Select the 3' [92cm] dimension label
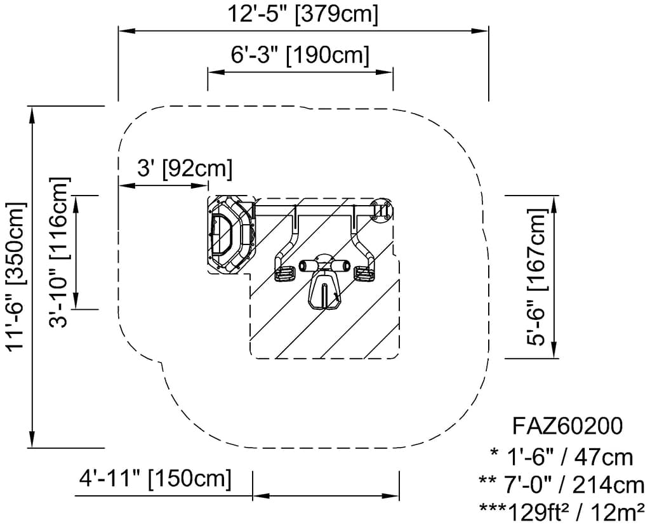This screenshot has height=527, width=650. tap(185, 169)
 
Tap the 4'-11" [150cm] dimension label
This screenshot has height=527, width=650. tap(156, 479)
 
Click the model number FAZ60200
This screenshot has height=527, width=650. tap(567, 426)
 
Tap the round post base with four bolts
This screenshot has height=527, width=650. tap(381, 211)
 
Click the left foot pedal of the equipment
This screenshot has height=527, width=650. tap(284, 274)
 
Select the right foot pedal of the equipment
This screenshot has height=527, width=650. tap(364, 274)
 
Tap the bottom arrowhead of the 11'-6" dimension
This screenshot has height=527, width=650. tap(32, 439)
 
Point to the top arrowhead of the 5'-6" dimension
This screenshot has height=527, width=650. tap(555, 203)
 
